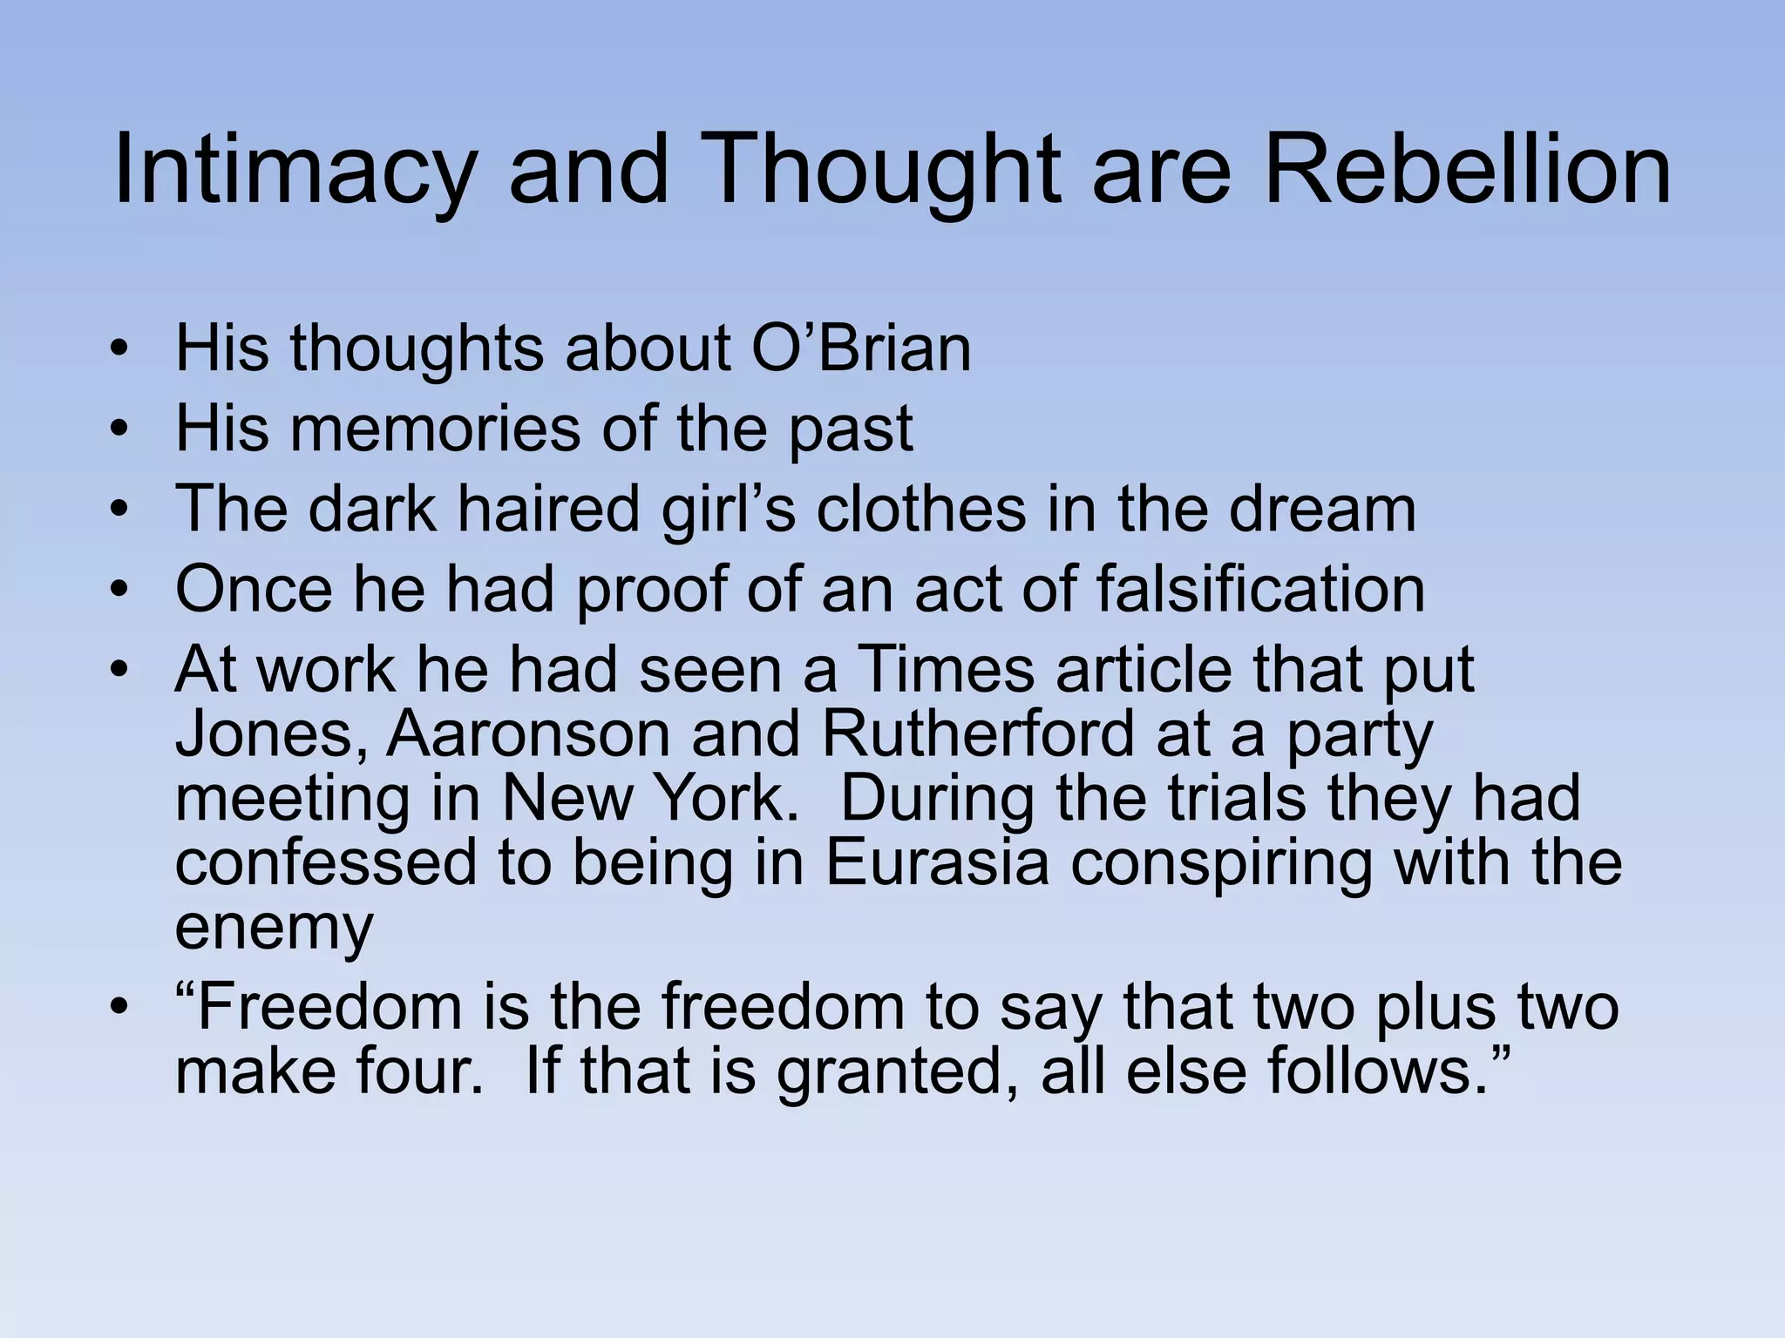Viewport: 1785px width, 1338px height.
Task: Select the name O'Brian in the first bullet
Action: [860, 348]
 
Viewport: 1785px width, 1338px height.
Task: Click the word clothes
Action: [920, 509]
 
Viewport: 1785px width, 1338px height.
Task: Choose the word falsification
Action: [1260, 589]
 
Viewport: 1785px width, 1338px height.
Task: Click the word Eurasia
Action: [936, 862]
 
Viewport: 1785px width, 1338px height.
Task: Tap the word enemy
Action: [274, 927]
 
